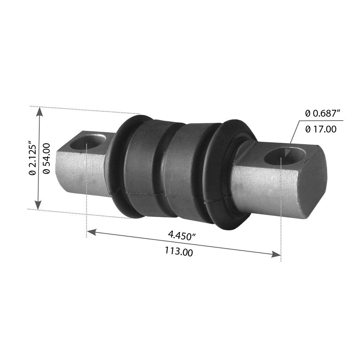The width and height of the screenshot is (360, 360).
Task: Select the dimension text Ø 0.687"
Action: (323, 113)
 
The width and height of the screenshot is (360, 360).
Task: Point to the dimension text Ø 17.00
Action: (321, 129)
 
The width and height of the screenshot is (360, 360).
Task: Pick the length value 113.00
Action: (179, 252)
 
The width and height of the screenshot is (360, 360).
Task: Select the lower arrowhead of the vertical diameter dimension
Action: (39, 204)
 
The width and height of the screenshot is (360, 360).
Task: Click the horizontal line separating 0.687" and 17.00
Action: (320, 121)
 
